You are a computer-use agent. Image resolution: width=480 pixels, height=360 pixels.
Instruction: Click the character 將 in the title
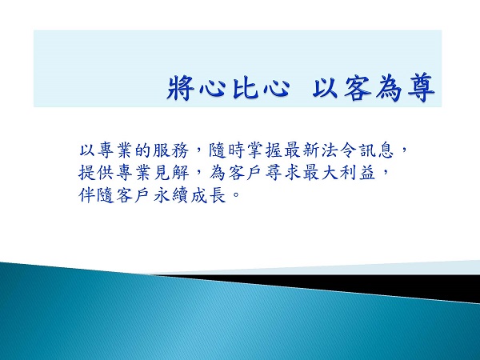[181, 88]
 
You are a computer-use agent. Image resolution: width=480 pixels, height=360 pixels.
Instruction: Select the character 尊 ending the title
[422, 88]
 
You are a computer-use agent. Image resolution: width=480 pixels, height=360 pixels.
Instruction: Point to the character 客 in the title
[358, 88]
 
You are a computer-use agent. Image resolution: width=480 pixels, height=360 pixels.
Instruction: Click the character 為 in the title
[389, 88]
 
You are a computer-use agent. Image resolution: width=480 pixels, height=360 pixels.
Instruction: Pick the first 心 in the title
[213, 88]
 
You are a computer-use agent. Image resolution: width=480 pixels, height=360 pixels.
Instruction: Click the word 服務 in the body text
[170, 150]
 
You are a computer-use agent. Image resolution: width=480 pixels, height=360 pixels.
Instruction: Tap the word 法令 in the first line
[339, 150]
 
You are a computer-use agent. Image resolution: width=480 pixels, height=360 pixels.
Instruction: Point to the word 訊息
[377, 150]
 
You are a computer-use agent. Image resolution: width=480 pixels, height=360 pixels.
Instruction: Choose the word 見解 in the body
[171, 172]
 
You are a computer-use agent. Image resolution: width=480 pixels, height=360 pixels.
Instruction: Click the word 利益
[358, 172]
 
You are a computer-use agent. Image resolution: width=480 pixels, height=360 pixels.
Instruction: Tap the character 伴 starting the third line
[87, 195]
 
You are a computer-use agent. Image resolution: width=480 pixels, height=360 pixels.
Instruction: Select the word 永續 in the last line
[171, 195]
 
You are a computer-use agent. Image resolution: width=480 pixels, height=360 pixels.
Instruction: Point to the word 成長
[209, 195]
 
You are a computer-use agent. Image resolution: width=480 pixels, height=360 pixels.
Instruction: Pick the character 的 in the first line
[143, 150]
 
